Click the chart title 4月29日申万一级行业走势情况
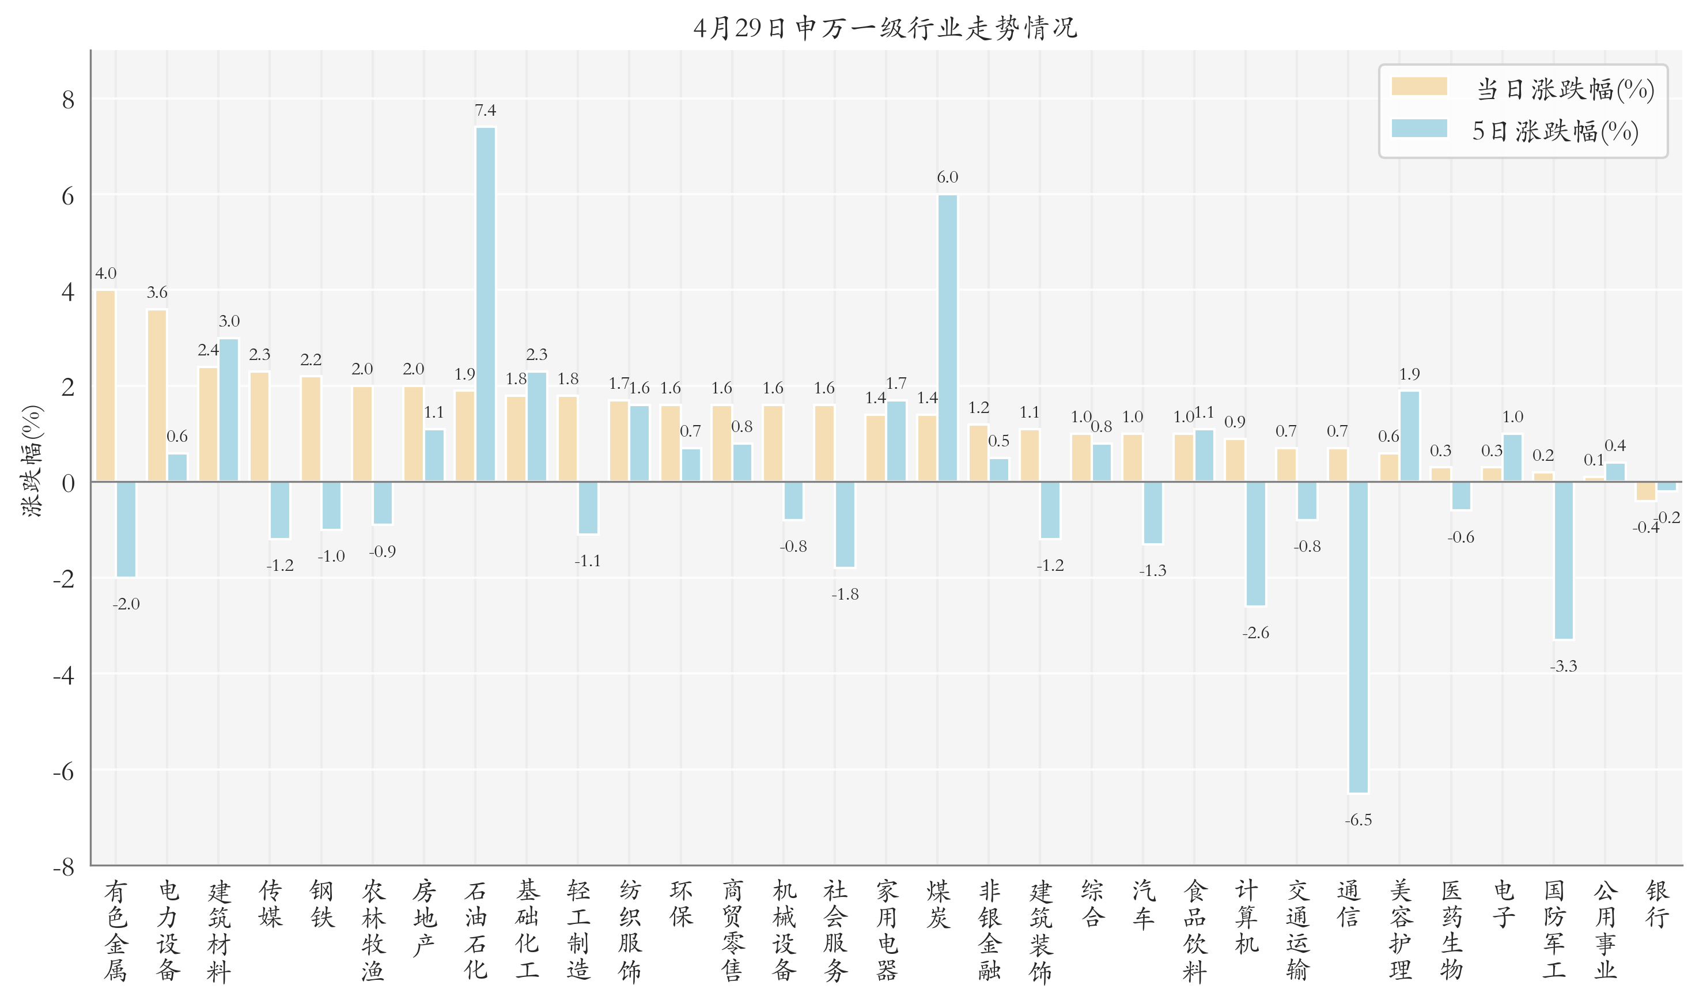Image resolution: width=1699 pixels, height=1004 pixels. [885, 28]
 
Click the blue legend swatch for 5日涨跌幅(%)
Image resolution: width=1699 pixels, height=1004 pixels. [1419, 128]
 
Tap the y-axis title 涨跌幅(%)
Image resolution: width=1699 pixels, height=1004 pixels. [32, 461]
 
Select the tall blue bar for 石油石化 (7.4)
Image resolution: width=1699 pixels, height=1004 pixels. [485, 305]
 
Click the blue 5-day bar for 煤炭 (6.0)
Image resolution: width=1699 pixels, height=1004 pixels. [947, 338]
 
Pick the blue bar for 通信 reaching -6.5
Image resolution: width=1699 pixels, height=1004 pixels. [1358, 636]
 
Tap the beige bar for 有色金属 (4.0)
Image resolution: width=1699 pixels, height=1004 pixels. [105, 385]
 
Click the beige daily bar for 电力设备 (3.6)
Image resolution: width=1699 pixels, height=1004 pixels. [157, 396]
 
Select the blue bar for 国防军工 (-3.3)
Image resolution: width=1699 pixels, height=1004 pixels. [1563, 560]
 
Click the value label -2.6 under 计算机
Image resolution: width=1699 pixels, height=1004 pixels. [1255, 633]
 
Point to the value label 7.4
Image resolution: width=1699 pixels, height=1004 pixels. [485, 110]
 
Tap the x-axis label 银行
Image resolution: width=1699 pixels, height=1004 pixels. [1657, 904]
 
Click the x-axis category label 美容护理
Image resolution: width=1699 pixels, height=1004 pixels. [1400, 930]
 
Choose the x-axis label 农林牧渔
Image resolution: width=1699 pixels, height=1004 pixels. [373, 930]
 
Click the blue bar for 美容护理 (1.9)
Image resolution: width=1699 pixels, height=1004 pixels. [1409, 437]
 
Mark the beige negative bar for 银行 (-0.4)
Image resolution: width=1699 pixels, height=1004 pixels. [1645, 491]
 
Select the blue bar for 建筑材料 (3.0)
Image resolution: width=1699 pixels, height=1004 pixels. [229, 410]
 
